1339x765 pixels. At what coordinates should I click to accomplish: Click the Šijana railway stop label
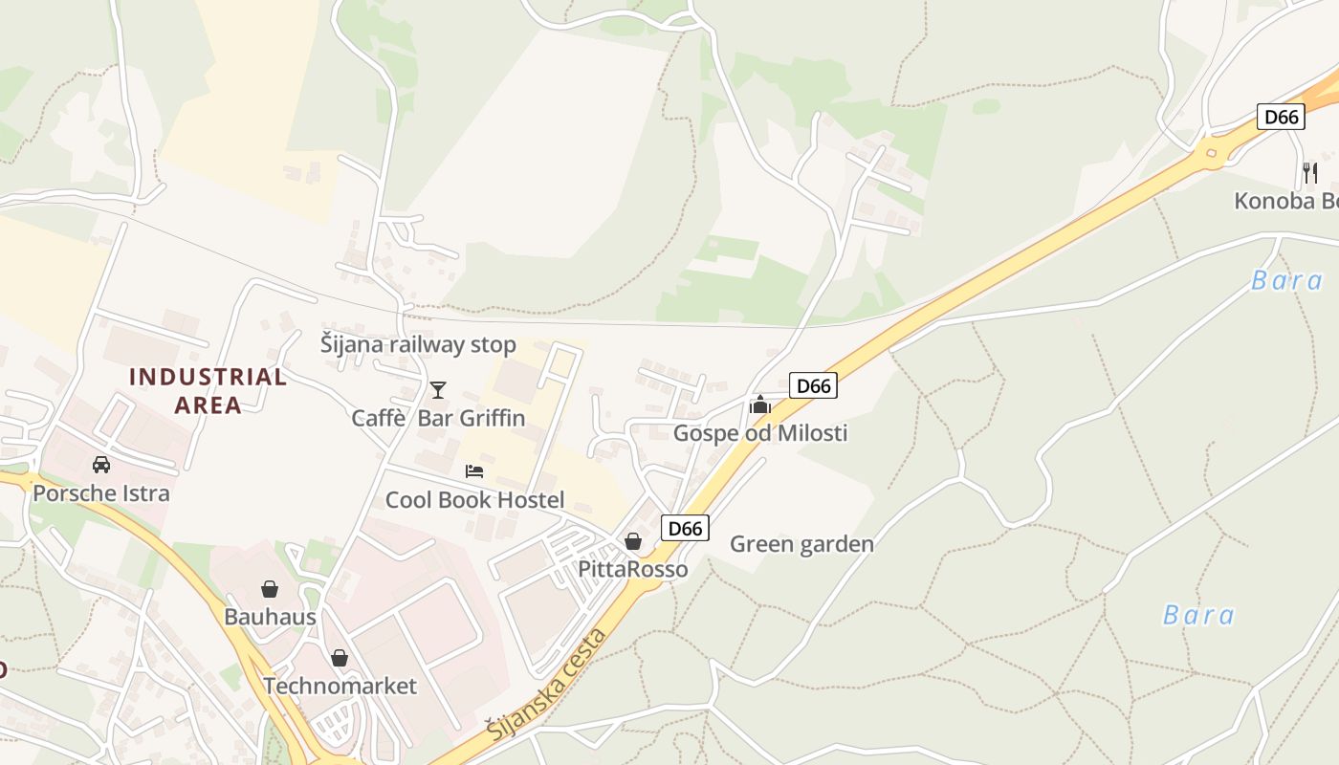[x=418, y=344]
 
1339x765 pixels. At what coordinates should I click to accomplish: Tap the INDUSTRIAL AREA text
[x=208, y=390]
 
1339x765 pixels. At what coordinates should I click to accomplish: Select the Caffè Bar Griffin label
[x=438, y=418]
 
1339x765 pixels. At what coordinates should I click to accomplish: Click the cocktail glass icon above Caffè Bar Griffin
[x=438, y=389]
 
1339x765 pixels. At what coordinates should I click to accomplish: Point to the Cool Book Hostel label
[x=474, y=499]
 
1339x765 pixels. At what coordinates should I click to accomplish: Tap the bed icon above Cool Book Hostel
[x=474, y=470]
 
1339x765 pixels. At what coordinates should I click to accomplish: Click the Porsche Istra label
[x=100, y=493]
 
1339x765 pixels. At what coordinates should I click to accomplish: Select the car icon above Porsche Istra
[x=100, y=465]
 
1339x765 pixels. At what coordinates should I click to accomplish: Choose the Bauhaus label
[x=270, y=617]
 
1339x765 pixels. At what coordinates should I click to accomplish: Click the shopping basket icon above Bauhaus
[x=270, y=588]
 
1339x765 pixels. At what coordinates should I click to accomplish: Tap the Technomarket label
[x=340, y=686]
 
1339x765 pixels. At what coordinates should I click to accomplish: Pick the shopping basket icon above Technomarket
[x=340, y=658]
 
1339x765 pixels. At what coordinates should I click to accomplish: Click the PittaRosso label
[x=632, y=569]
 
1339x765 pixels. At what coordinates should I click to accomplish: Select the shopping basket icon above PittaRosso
[x=632, y=541]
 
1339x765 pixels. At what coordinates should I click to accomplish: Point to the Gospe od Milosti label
[x=760, y=433]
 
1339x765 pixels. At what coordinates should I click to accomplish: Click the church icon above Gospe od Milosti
[x=760, y=404]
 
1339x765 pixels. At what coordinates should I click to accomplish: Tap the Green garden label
[x=801, y=544]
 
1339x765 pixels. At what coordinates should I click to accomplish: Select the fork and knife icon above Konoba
[x=1310, y=172]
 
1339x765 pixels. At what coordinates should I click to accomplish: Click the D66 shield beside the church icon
[x=813, y=385]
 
